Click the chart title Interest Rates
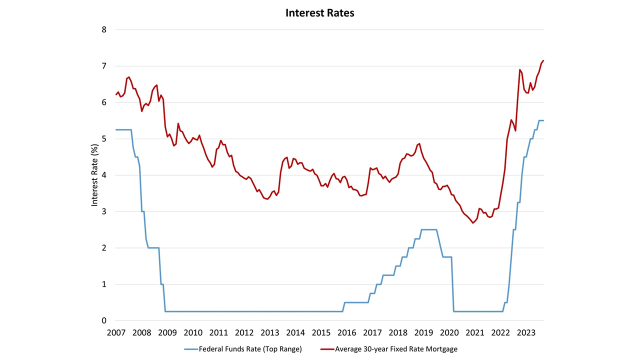pos(319,13)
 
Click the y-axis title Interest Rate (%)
pos(94,174)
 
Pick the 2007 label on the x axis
pos(116,332)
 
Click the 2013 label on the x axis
pos(270,332)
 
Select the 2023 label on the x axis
pos(526,332)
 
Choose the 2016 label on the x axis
pos(347,332)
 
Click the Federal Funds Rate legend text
pos(250,349)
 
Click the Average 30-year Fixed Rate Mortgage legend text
pos(396,349)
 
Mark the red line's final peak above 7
pos(543,60)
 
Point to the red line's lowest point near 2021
pos(472,223)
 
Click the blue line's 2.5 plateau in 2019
pos(429,229)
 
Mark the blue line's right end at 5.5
pos(543,120)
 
